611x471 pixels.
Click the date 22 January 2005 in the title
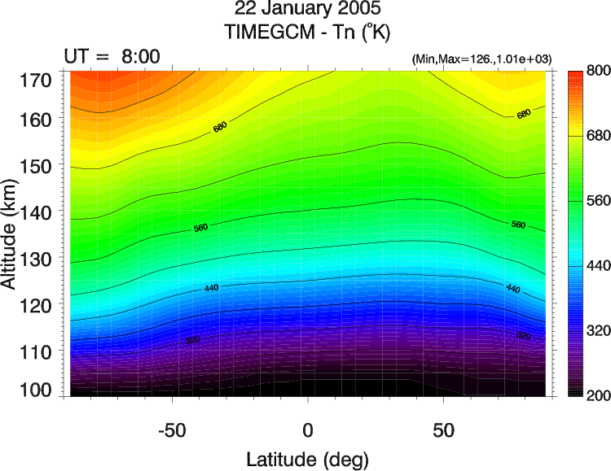click(306, 11)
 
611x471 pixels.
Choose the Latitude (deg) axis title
click(307, 458)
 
